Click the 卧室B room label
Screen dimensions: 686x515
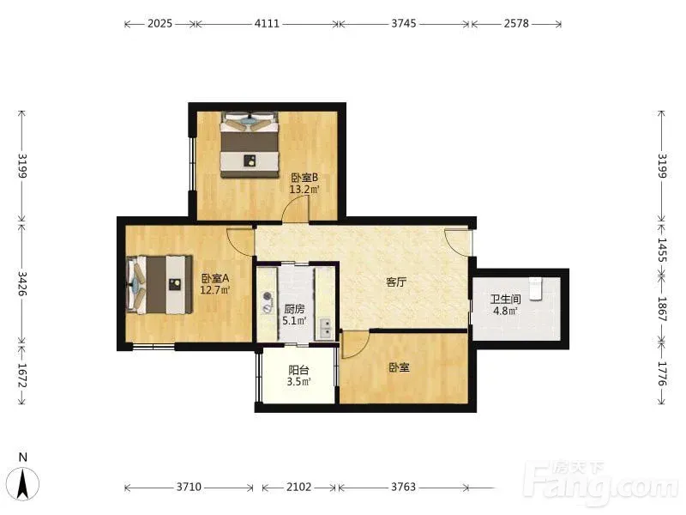pos(304,178)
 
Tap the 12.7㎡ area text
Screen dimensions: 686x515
pos(215,289)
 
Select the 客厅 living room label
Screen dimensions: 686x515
pos(396,282)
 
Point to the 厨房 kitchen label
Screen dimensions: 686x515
pos(294,309)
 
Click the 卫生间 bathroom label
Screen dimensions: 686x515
pos(505,300)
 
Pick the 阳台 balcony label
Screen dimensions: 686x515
pos(298,371)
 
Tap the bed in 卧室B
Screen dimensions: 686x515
pos(250,145)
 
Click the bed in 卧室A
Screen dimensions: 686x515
pos(159,285)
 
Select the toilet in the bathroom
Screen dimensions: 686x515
pos(535,288)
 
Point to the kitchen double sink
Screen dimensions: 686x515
pos(326,329)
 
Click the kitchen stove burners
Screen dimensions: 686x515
pos(268,303)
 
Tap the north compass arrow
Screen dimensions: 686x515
pos(25,484)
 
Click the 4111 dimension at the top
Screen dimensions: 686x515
pos(267,23)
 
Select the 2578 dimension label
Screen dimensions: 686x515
pos(516,23)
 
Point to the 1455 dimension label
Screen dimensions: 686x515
pos(662,250)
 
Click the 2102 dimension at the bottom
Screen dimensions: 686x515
pos(298,487)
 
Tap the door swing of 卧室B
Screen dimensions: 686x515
pos(296,209)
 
